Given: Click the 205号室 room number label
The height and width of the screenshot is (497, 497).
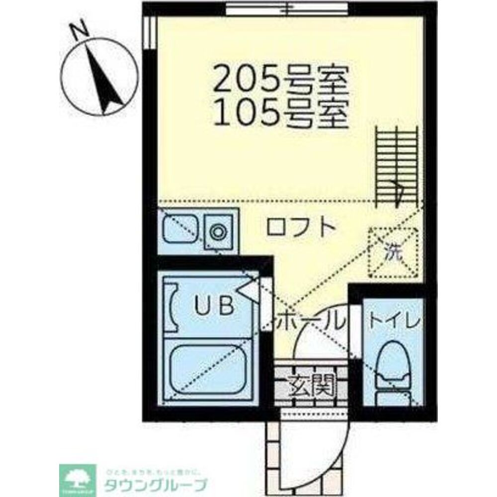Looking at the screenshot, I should (x=279, y=80).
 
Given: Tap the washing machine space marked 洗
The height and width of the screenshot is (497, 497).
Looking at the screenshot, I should (x=393, y=252).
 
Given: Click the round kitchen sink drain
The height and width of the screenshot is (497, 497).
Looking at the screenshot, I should (x=217, y=232).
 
